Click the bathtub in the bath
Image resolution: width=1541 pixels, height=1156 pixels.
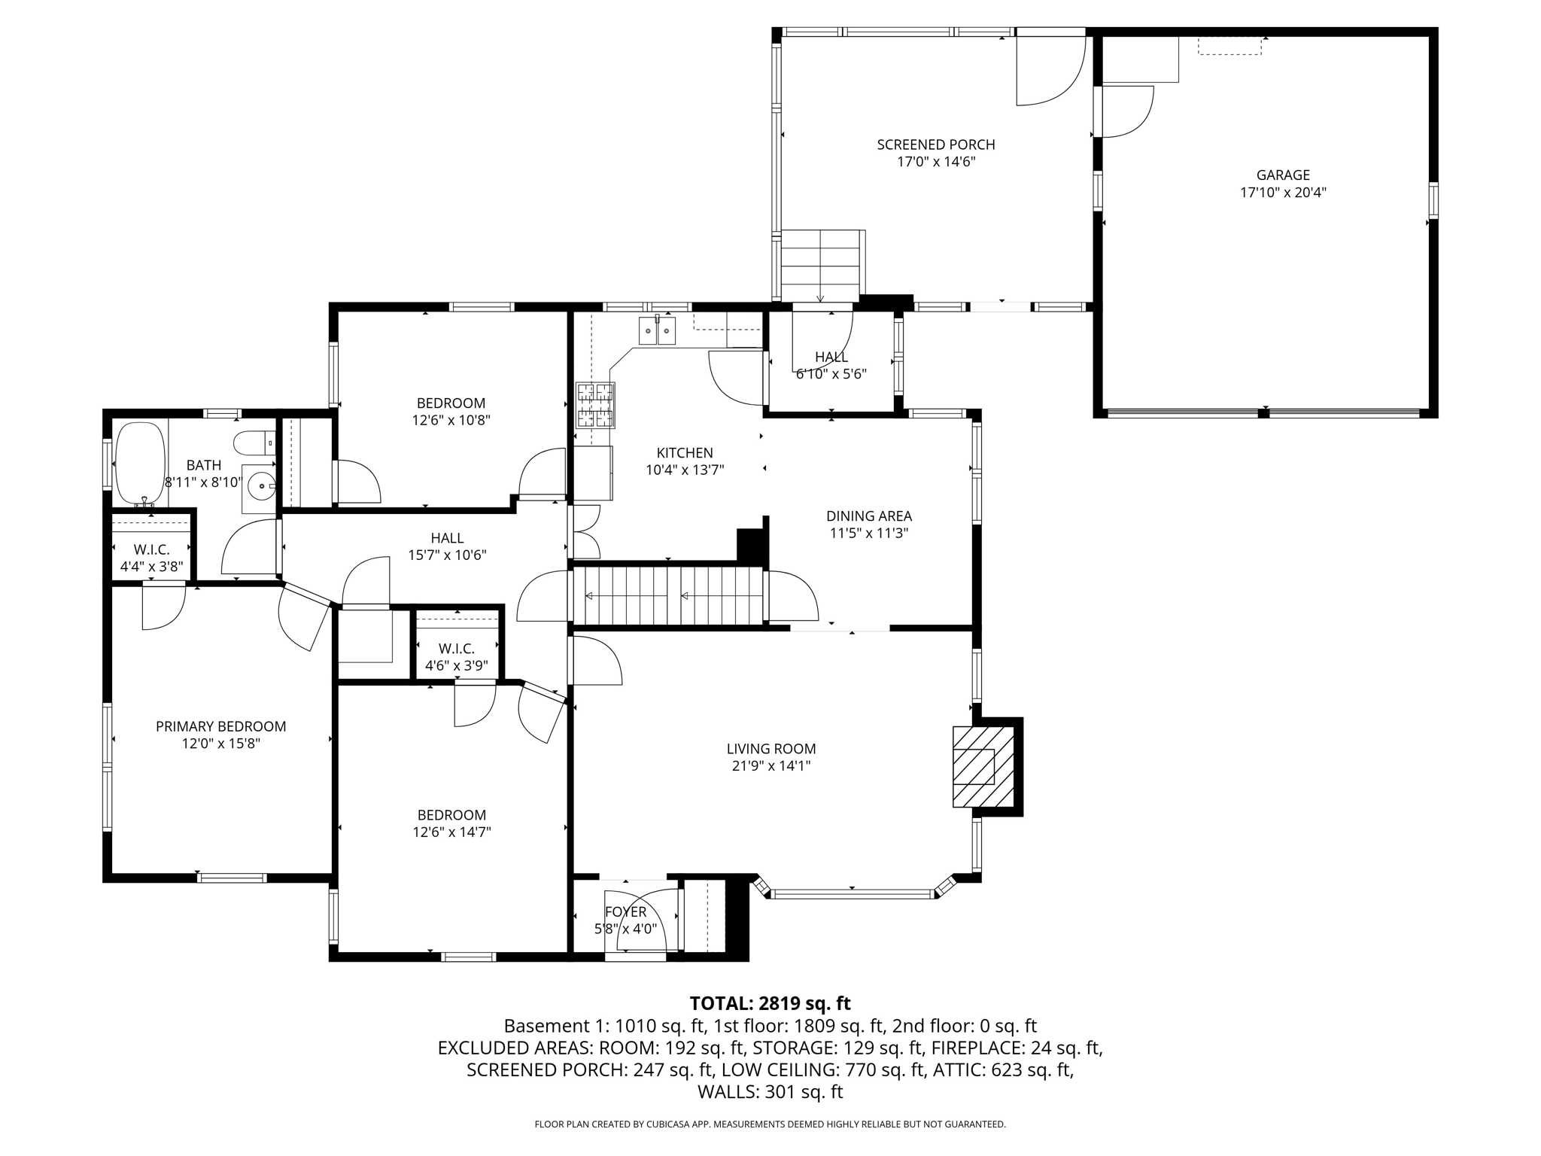coord(140,464)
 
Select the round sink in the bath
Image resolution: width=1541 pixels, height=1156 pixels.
coord(260,487)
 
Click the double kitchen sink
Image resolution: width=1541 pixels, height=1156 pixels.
coord(657,330)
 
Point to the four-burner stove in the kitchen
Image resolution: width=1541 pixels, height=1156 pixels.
coord(595,405)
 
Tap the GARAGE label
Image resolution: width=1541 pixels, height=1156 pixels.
coord(1283,175)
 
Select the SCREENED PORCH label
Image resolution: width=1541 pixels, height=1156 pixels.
coord(936,144)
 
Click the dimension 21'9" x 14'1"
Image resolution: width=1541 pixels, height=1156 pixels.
coord(771,766)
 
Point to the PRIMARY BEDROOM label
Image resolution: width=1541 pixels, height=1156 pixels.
coord(220,726)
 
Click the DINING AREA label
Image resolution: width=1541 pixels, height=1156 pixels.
coord(869,516)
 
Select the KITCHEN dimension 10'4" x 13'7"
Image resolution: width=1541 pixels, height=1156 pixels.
coord(685,470)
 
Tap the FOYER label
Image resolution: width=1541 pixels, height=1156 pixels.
coord(626,912)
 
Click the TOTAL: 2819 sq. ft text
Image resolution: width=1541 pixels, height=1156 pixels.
coord(770,1003)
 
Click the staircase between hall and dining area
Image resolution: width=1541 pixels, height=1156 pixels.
coord(667,596)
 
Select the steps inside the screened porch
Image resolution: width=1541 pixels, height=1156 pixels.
coord(820,266)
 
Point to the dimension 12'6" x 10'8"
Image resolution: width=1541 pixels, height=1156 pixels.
coord(451,420)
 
